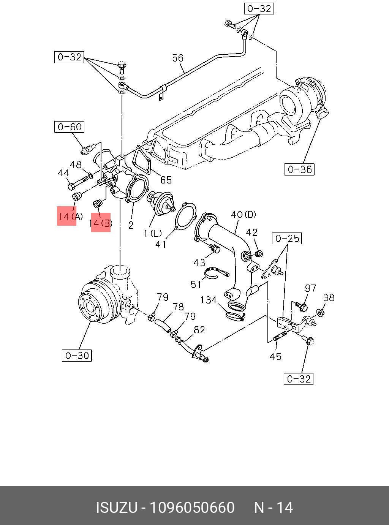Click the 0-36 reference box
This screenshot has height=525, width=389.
(299, 169)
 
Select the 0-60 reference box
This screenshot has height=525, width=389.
(70, 127)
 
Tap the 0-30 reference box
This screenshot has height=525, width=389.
(77, 355)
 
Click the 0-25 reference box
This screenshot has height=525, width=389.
(287, 238)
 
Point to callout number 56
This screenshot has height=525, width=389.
(178, 58)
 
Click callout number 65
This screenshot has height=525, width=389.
(166, 180)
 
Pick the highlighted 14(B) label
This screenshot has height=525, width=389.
(101, 223)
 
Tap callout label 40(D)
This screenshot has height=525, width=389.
(244, 215)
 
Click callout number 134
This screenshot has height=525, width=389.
(209, 300)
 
